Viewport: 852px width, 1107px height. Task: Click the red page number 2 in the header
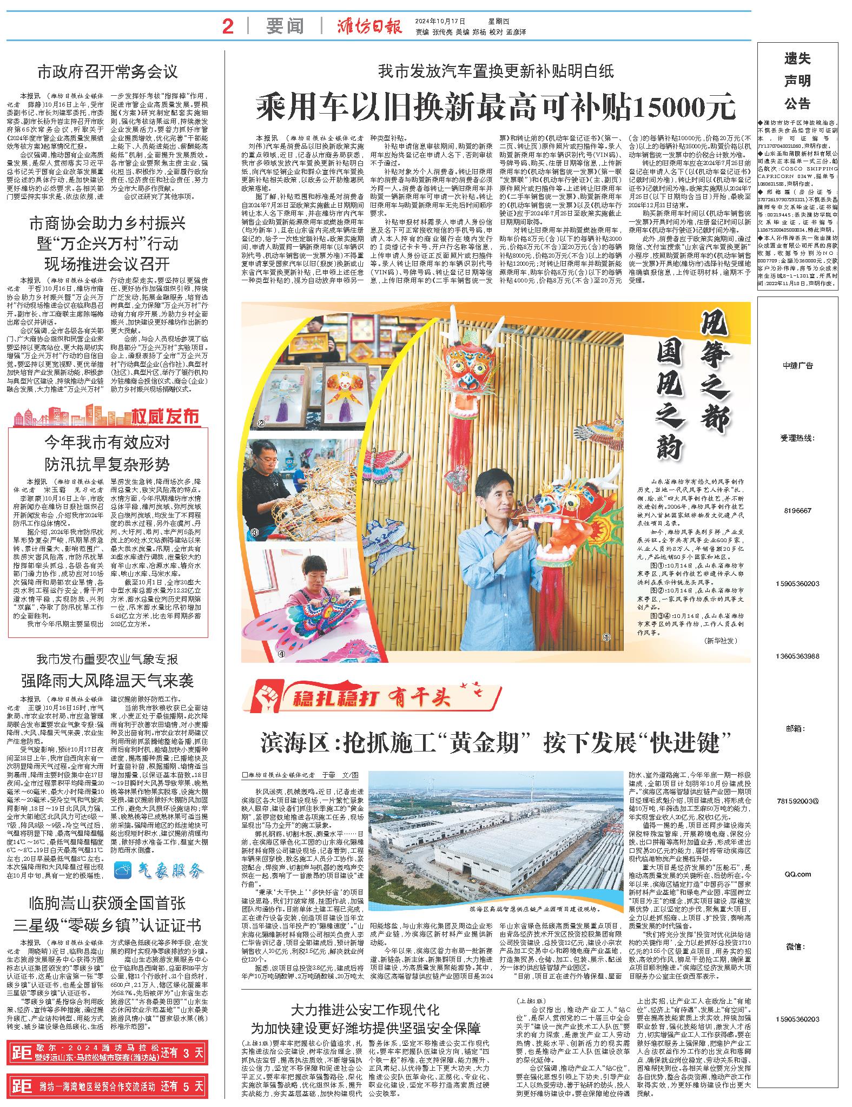[228, 26]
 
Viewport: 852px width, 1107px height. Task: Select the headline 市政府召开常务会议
[108, 71]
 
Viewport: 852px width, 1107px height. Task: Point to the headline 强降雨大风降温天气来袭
[107, 680]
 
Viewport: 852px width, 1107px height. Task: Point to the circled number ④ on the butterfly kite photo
[251, 654]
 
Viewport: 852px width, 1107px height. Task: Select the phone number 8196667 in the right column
[797, 511]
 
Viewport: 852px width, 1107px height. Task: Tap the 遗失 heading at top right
[797, 58]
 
